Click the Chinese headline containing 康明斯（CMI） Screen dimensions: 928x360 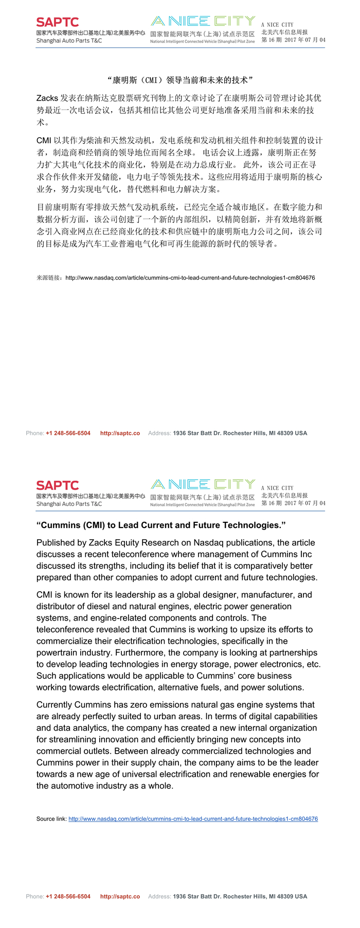180,80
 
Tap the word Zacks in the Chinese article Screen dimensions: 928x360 47,98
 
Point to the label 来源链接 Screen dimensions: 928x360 49,278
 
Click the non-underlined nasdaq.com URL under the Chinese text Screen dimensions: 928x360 190,278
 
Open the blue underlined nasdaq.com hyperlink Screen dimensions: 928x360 193,818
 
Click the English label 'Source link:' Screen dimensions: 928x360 51,818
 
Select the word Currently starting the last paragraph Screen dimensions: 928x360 55,704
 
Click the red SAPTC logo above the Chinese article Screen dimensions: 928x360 58,22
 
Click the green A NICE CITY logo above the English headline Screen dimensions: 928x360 203,484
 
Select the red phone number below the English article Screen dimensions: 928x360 68,896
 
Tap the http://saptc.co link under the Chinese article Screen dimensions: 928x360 120,433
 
